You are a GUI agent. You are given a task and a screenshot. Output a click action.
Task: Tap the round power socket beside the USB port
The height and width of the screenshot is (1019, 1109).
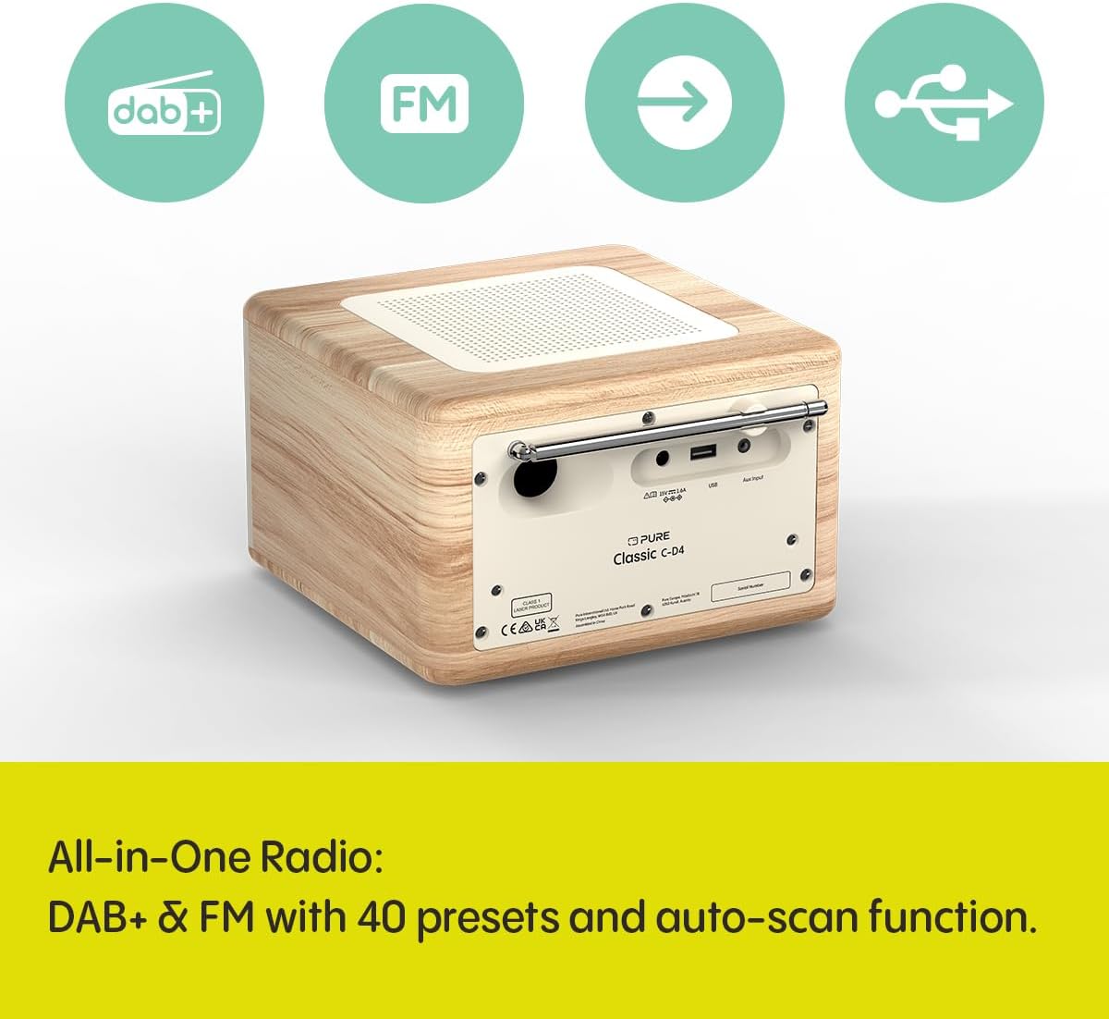[662, 456]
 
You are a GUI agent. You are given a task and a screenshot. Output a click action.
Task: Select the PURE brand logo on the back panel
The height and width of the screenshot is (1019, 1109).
[650, 538]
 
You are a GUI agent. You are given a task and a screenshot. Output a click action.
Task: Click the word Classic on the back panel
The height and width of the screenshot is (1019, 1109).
[635, 558]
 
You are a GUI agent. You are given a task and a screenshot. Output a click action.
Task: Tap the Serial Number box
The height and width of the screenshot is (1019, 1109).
[750, 586]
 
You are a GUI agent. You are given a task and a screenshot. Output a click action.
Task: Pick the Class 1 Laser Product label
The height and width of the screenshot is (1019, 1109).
[531, 604]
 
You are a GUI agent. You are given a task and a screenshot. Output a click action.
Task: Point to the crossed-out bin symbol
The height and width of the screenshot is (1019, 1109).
[554, 623]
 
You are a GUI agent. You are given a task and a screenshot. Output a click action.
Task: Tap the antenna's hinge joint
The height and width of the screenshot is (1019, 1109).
[520, 451]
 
